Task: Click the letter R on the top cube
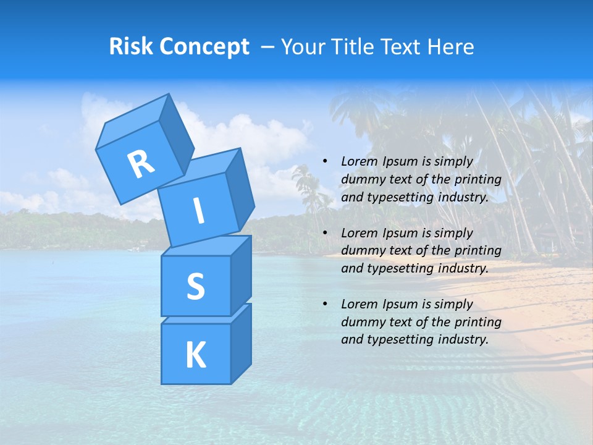(141, 164)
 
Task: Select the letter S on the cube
(195, 286)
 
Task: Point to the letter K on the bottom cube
(195, 355)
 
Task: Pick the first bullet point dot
(326, 162)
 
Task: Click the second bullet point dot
(326, 234)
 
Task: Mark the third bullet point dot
(326, 305)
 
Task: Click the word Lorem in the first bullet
(358, 162)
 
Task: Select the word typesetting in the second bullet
(395, 268)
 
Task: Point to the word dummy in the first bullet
(360, 180)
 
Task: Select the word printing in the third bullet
(478, 322)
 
